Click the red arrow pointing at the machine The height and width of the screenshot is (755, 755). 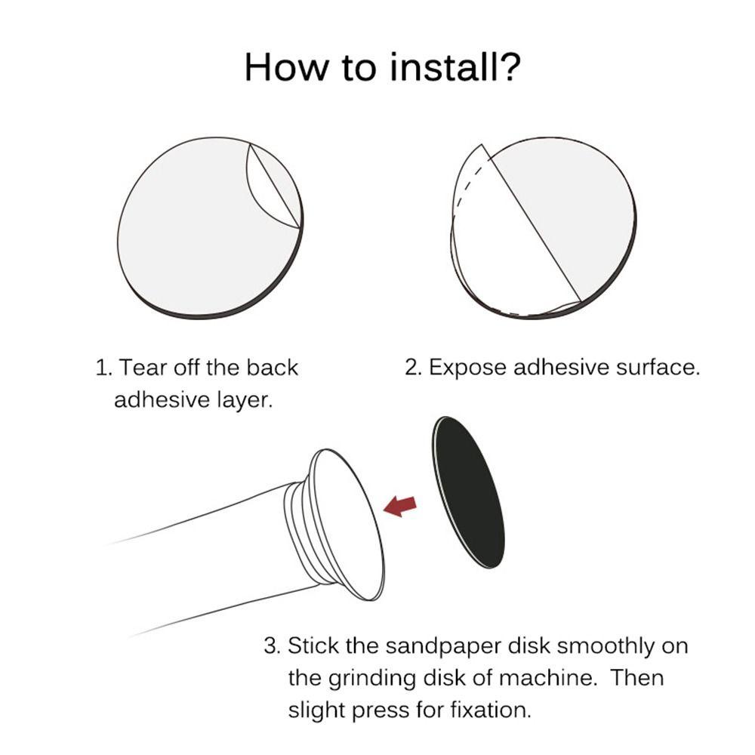tap(400, 506)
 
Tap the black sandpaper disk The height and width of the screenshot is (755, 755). tap(470, 492)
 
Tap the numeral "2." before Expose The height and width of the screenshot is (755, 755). tap(414, 368)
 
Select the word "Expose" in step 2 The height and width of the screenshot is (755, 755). tap(467, 368)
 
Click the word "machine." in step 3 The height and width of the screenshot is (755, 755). tap(547, 678)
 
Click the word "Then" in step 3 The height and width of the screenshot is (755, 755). tap(637, 678)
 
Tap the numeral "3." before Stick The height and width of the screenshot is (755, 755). tap(273, 646)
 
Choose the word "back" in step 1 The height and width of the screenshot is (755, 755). tap(272, 368)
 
